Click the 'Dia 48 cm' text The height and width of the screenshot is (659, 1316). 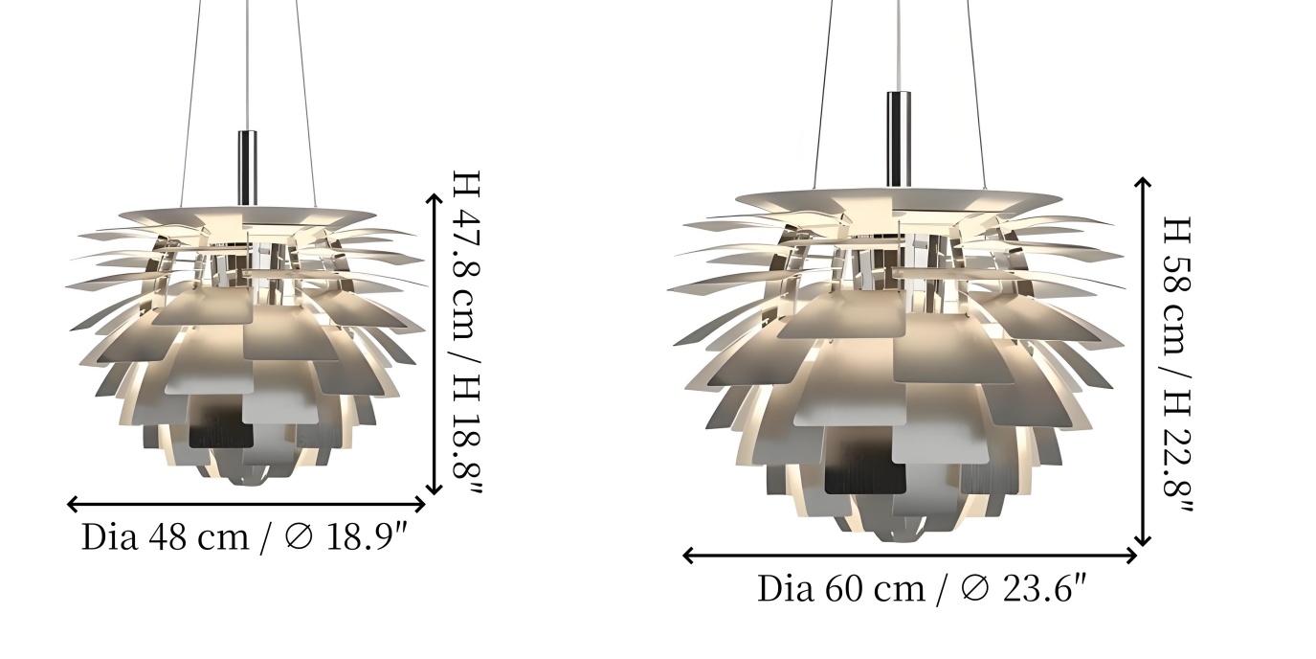[x=165, y=536]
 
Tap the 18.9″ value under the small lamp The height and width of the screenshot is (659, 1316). [x=367, y=536]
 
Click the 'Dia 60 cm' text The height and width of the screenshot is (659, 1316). [x=840, y=588]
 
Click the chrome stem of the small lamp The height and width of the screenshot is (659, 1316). [x=247, y=168]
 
